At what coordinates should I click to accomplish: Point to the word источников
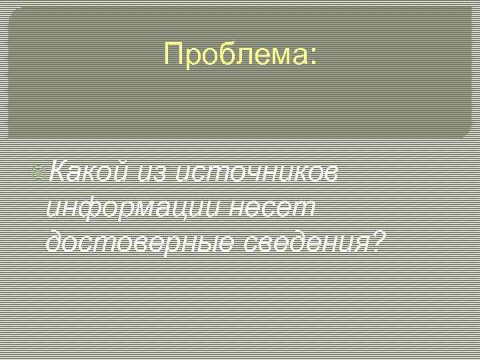click(257, 173)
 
